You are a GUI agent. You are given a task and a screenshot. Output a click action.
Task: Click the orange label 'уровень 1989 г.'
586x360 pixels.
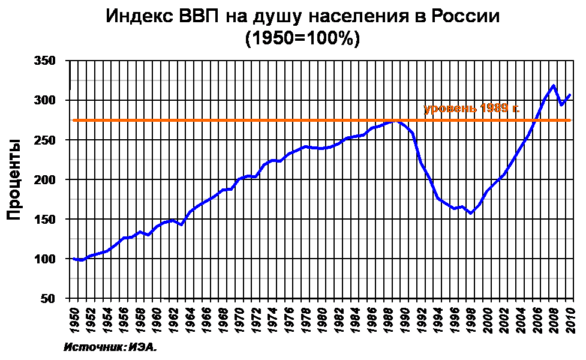tap(471, 109)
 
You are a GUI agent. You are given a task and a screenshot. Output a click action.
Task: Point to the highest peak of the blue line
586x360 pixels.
tap(553, 85)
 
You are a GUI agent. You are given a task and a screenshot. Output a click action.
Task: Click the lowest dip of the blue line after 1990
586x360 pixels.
tap(471, 213)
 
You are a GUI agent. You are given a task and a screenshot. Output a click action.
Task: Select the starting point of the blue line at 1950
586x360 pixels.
tap(74, 259)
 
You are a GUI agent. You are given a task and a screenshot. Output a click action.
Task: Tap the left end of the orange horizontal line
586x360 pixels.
tap(74, 120)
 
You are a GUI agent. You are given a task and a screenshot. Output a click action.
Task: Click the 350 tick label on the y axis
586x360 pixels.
tap(45, 61)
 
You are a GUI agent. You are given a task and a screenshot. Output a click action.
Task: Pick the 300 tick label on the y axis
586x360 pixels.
tap(45, 100)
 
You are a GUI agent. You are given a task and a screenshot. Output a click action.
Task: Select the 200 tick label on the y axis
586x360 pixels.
tap(45, 179)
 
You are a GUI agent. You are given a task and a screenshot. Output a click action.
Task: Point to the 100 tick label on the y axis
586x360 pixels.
tap(45, 259)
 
